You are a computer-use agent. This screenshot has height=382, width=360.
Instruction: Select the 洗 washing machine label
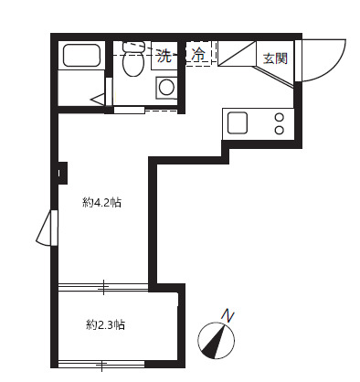pyautogui.click(x=164, y=56)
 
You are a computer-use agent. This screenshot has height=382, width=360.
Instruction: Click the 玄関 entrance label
pyautogui.click(x=275, y=58)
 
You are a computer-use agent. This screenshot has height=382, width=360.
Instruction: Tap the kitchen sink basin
pyautogui.click(x=238, y=122)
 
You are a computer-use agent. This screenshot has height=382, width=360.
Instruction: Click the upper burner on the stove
pyautogui.click(x=280, y=117)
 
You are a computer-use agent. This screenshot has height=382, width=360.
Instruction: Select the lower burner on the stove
pyautogui.click(x=280, y=130)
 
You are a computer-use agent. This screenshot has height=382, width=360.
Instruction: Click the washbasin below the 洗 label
pyautogui.click(x=166, y=88)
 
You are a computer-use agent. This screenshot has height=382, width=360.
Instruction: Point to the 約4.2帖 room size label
pyautogui.click(x=101, y=203)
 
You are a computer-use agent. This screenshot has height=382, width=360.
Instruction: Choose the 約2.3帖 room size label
pyautogui.click(x=106, y=324)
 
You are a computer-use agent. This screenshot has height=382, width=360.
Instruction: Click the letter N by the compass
pyautogui.click(x=228, y=315)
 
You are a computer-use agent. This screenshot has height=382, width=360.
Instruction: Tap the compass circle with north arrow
pyautogui.click(x=216, y=344)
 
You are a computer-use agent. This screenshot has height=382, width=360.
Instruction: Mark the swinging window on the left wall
pyautogui.click(x=46, y=228)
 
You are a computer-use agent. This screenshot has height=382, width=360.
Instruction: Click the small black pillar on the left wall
pyautogui.click(x=62, y=171)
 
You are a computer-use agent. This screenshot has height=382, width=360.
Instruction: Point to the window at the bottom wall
pyautogui.click(x=103, y=366)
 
